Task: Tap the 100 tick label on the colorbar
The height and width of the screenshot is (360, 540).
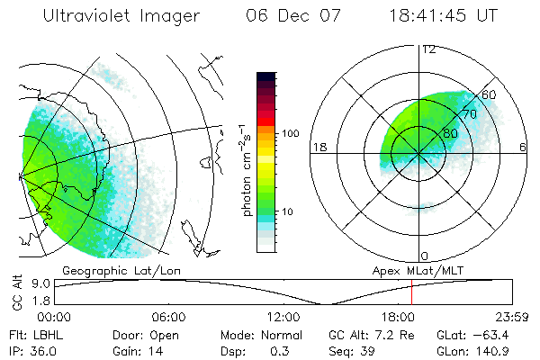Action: point(290,133)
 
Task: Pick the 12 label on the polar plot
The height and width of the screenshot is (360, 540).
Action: point(427,49)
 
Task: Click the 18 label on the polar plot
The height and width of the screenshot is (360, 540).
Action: point(318,147)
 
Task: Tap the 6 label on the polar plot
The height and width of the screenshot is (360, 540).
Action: point(523,147)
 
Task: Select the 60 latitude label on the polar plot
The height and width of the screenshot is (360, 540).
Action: point(490,94)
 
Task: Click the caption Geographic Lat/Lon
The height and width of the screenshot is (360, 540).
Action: point(107,270)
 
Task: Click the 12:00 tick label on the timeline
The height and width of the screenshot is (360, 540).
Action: point(283,317)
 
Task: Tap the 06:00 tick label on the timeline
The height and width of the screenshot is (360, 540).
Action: point(168,317)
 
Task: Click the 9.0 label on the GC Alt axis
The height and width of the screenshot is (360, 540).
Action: point(40,283)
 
